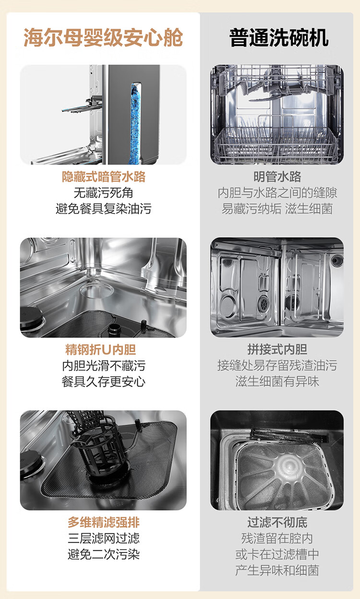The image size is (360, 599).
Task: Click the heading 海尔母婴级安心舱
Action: click(x=103, y=37)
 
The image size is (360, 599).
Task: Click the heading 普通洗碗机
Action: click(x=279, y=37)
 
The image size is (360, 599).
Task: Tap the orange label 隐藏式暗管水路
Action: click(x=103, y=177)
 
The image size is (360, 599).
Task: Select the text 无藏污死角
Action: click(x=103, y=193)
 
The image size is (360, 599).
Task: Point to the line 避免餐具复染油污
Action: click(x=103, y=209)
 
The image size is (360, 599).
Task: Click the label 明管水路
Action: click(x=277, y=177)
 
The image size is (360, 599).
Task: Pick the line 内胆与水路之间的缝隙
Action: click(x=277, y=193)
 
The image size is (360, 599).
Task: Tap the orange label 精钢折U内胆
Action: click(x=103, y=349)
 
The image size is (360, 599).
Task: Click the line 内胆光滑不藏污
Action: click(x=103, y=366)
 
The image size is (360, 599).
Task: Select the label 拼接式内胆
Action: click(x=277, y=349)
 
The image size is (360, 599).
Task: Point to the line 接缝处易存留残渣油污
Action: click(x=277, y=366)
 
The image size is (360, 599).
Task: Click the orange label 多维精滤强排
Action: click(x=103, y=522)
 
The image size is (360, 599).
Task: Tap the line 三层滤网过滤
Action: click(x=103, y=539)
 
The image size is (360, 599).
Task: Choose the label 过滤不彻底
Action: click(x=277, y=522)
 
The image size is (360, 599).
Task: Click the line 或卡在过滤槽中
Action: click(x=277, y=554)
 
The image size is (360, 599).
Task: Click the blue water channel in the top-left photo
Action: click(x=136, y=120)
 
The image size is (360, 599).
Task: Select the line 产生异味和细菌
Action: click(x=277, y=570)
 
